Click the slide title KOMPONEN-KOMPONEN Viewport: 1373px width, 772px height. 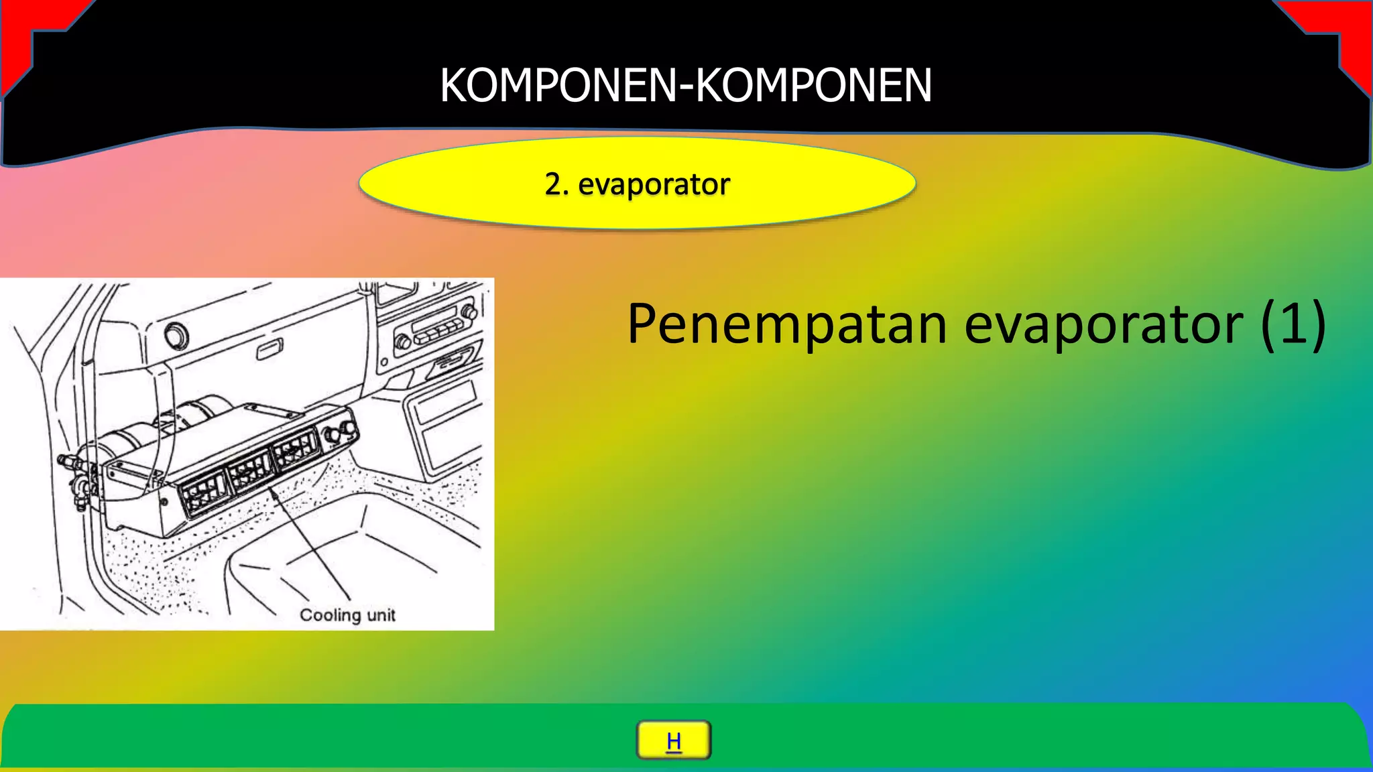pos(686,85)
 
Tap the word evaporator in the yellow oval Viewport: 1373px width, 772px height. pos(654,185)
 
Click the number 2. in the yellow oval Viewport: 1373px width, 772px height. pos(556,184)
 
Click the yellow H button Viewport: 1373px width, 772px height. pos(673,741)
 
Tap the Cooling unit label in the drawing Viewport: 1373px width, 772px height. pos(347,615)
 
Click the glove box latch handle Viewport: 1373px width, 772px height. pos(270,349)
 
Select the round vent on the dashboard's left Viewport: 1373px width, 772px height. pos(176,335)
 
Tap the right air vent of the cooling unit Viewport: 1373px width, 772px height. pos(295,448)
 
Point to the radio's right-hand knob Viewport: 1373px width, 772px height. pos(469,312)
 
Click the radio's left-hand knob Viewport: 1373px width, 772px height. pos(403,341)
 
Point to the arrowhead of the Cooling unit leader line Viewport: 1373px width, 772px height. pos(272,491)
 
